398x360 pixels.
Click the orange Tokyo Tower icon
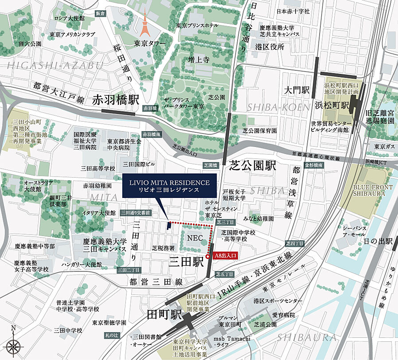(x=144, y=24)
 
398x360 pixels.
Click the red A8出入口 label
(x=226, y=255)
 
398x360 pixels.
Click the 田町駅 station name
(x=164, y=315)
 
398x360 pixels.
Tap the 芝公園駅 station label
(x=253, y=166)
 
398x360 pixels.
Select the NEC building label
(x=195, y=238)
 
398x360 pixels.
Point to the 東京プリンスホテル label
(x=197, y=25)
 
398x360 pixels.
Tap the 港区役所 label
(x=269, y=46)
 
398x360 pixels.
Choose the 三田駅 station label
(x=186, y=262)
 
